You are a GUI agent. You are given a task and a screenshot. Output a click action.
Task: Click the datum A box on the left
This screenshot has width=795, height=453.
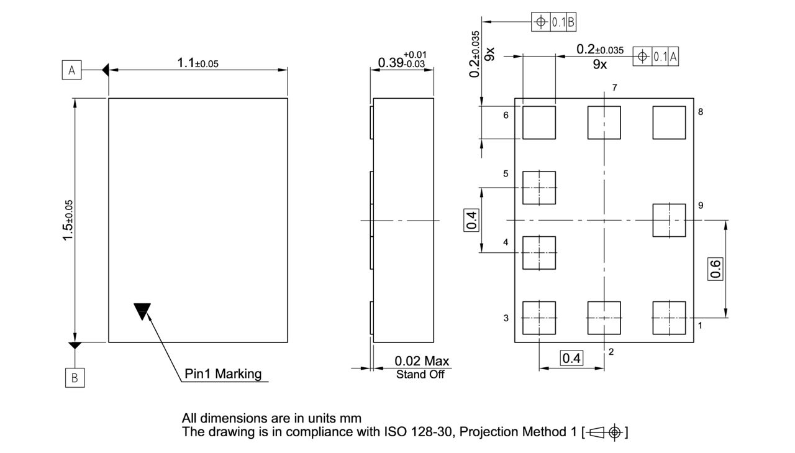pyautogui.click(x=71, y=71)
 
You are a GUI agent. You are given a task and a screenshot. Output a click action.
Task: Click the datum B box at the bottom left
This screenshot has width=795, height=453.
pyautogui.click(x=75, y=378)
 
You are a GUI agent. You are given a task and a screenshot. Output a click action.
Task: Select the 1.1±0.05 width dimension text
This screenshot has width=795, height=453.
pyautogui.click(x=198, y=63)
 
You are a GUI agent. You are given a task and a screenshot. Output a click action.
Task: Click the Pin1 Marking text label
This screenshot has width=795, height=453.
pyautogui.click(x=223, y=374)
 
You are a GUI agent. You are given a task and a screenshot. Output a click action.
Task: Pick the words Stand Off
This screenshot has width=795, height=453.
pyautogui.click(x=420, y=374)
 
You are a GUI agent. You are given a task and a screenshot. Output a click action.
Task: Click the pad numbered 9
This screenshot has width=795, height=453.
pyautogui.click(x=669, y=220)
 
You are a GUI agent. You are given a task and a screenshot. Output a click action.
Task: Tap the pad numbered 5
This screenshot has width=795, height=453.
pyautogui.click(x=538, y=188)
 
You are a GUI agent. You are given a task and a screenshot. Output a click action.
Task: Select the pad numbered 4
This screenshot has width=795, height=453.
pyautogui.click(x=538, y=252)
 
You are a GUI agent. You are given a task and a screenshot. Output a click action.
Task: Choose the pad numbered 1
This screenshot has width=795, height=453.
pyautogui.click(x=669, y=318)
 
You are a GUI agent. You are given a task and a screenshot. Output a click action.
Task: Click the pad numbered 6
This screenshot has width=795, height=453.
pyautogui.click(x=538, y=122)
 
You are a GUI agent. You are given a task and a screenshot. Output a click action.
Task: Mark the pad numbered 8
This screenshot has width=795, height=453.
pyautogui.click(x=669, y=122)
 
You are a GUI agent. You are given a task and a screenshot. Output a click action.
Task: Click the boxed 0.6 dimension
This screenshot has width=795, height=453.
pyautogui.click(x=715, y=268)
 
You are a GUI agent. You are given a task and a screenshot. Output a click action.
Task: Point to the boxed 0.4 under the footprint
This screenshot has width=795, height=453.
pyautogui.click(x=571, y=358)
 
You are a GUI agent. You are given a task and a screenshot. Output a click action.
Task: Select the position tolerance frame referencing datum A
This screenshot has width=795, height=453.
pyautogui.click(x=656, y=57)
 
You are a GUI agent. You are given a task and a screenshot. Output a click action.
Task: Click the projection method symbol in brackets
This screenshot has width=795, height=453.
pyautogui.click(x=605, y=432)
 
